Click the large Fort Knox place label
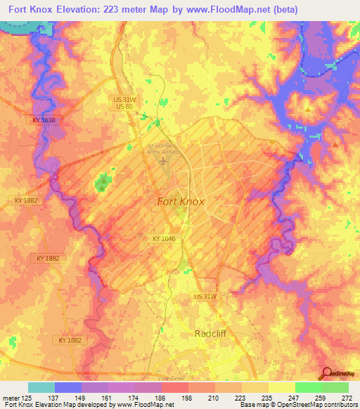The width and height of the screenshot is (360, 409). click(180, 202)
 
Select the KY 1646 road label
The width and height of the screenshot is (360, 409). click(165, 239)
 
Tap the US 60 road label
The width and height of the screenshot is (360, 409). click(125, 105)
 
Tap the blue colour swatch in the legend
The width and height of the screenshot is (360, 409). click(68, 387)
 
